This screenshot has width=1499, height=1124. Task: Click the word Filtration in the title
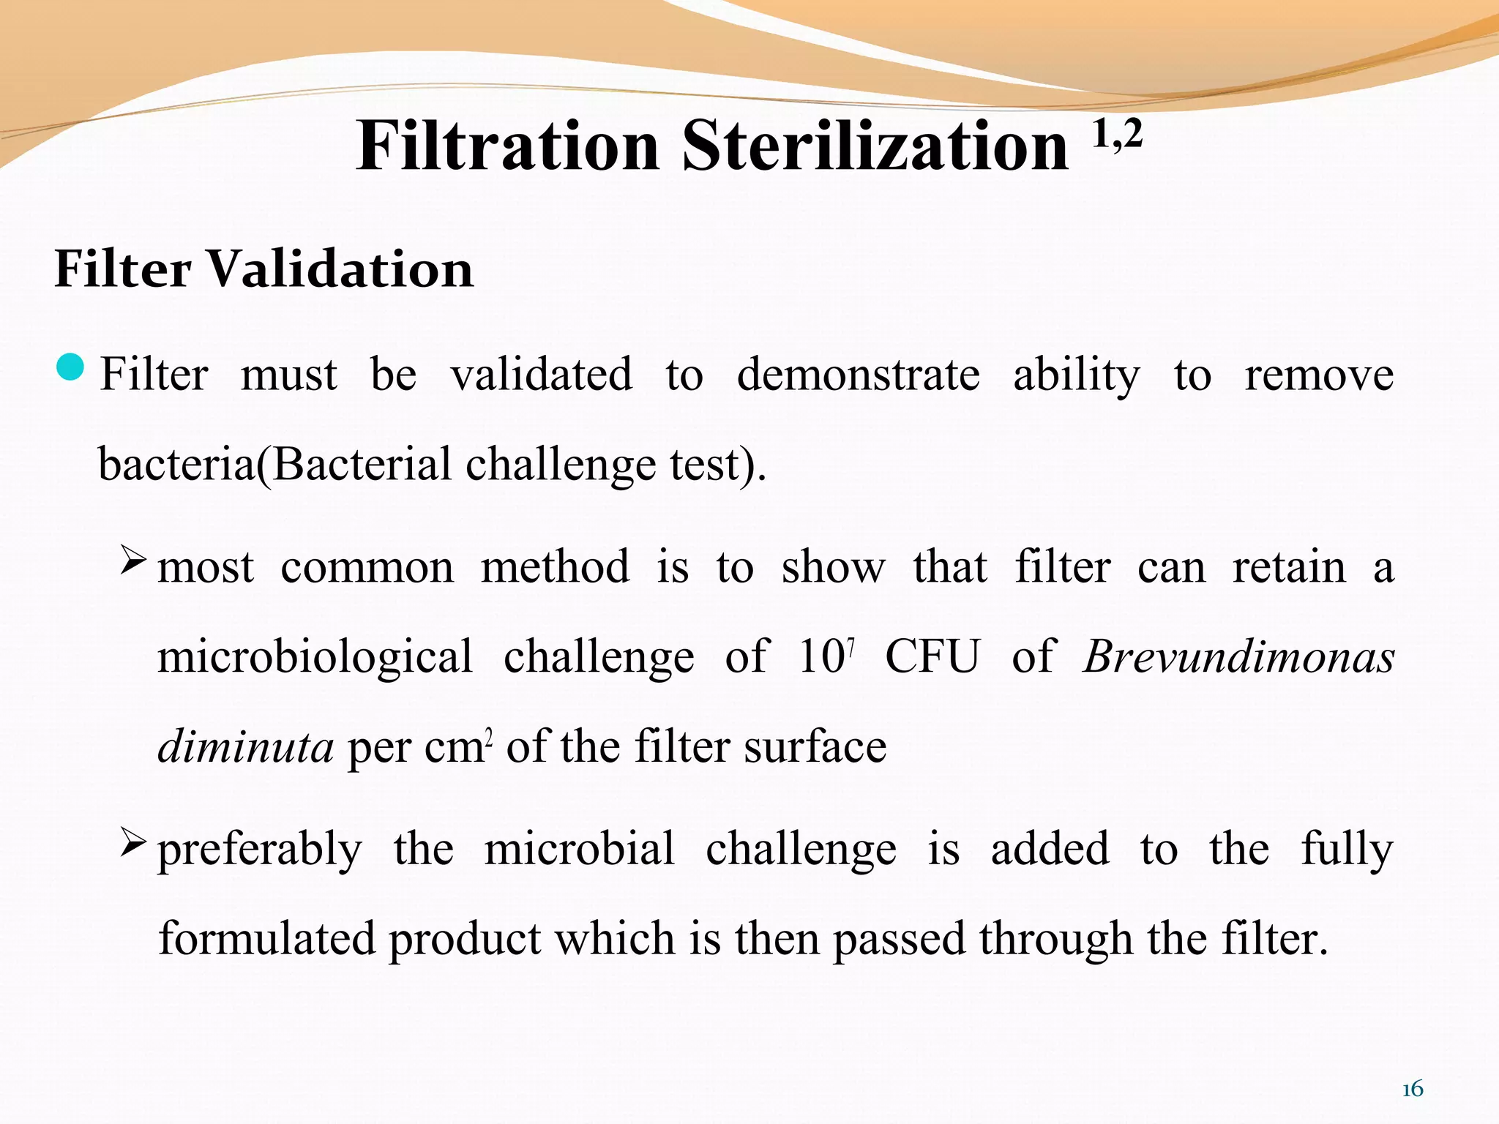point(508,146)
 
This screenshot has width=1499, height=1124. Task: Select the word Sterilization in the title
point(875,146)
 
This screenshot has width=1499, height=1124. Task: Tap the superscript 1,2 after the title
point(1117,135)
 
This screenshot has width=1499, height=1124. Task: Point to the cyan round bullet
point(70,367)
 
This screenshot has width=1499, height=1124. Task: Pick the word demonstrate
point(858,375)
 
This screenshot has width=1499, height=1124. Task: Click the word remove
point(1319,375)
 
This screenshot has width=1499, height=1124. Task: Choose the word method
point(555,567)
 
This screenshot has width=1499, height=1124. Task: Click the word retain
point(1289,567)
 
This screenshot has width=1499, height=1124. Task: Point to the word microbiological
point(315,656)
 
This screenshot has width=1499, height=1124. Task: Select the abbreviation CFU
point(932,656)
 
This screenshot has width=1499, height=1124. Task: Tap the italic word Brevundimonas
point(1238,656)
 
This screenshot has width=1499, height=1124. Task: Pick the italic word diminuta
point(245,747)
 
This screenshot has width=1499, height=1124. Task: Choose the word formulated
point(266,939)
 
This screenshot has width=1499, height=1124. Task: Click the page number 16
point(1413,1090)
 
